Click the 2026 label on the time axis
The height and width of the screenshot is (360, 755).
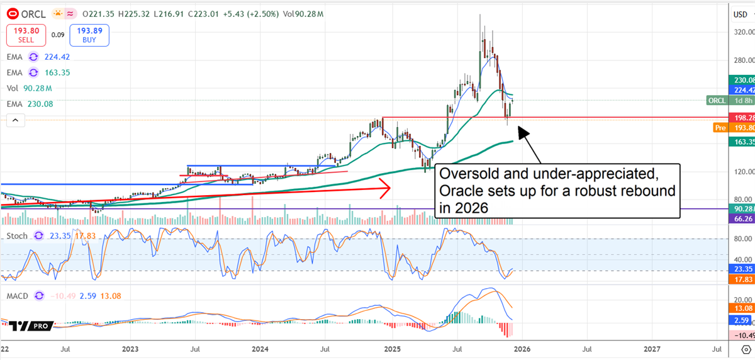point(523,348)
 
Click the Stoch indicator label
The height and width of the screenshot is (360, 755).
point(16,235)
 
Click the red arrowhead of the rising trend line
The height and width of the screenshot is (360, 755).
point(385,187)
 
